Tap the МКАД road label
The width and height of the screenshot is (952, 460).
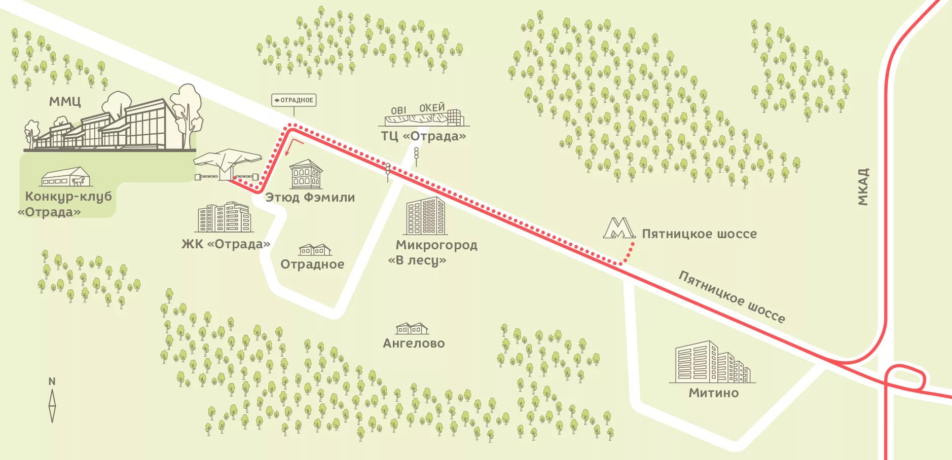click(x=863, y=187)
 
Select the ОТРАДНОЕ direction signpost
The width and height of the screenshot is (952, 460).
click(x=294, y=100)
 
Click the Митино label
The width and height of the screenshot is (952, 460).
click(x=713, y=393)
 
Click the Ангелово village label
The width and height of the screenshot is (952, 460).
click(x=414, y=343)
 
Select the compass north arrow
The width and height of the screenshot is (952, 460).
click(x=52, y=405)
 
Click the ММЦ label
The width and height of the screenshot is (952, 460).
click(x=65, y=101)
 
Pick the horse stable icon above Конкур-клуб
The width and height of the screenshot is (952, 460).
click(x=66, y=177)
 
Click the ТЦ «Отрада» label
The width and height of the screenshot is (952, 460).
click(x=423, y=136)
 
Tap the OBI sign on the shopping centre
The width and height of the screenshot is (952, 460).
click(x=398, y=110)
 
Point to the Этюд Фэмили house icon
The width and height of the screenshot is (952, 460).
click(x=306, y=175)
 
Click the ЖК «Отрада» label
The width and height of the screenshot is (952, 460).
click(x=226, y=244)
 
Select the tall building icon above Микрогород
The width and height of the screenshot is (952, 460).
click(x=425, y=216)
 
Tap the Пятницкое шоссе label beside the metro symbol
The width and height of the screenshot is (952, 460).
click(x=699, y=234)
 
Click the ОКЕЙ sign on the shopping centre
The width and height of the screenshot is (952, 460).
click(x=431, y=107)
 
